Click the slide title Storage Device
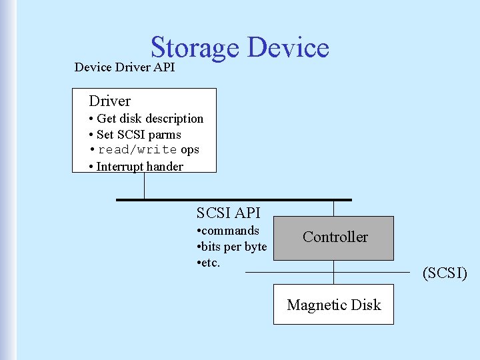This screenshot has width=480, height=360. tap(239, 48)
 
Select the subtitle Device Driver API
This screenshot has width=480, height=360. tap(125, 67)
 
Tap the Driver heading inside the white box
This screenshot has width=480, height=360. tap(110, 101)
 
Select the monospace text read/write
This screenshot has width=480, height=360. tap(137, 150)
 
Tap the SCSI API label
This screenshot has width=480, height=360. tap(229, 213)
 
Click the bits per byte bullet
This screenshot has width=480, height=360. tap(233, 247)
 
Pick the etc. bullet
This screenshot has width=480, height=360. tap(209, 263)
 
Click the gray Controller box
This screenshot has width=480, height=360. tap(335, 237)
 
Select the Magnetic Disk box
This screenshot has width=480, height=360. tap(333, 305)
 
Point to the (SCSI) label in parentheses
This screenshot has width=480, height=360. tap(445, 273)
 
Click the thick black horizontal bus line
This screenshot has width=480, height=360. tap(233, 199)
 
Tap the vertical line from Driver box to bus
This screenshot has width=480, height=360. tap(144, 186)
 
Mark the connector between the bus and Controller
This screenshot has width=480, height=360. tap(334, 208)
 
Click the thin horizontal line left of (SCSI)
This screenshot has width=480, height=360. tap(287, 272)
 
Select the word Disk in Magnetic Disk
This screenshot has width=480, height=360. tap(366, 305)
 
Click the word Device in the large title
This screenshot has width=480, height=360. tap(288, 48)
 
